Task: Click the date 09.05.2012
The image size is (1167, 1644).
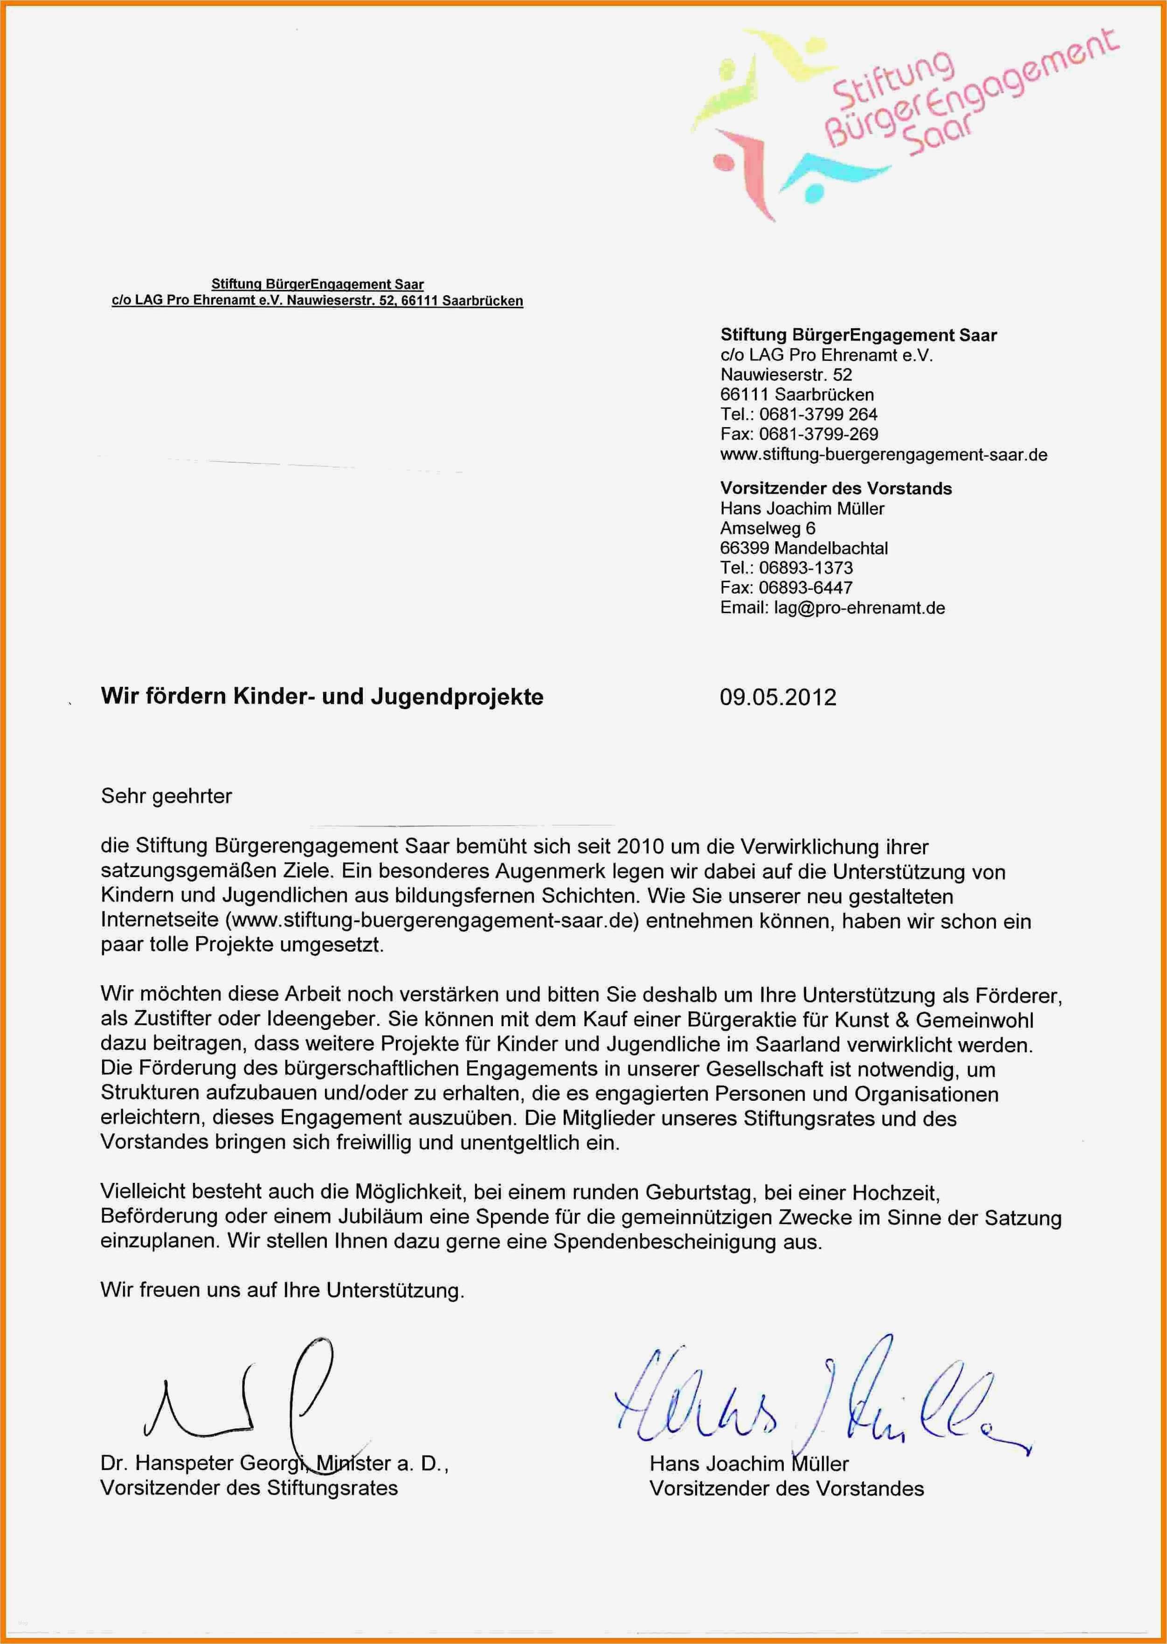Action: pyautogui.click(x=778, y=698)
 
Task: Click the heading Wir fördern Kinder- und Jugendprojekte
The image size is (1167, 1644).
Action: pyautogui.click(x=322, y=696)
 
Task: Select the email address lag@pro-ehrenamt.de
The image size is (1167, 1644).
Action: pyautogui.click(x=859, y=608)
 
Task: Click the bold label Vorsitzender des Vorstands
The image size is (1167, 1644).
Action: pyautogui.click(x=836, y=489)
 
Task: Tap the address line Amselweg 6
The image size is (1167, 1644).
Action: pyautogui.click(x=767, y=528)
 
